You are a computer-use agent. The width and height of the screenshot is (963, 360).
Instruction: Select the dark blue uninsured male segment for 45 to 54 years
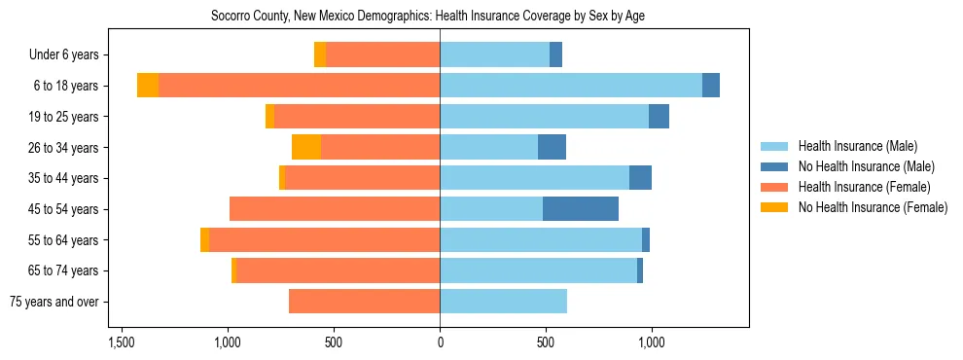tap(580, 209)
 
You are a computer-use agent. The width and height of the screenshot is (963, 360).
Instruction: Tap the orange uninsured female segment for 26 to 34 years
tap(306, 147)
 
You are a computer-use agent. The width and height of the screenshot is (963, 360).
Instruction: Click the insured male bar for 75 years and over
tap(503, 302)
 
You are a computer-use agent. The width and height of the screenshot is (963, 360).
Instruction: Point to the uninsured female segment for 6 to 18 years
tap(148, 86)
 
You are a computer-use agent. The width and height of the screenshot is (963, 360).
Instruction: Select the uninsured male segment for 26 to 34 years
tap(552, 147)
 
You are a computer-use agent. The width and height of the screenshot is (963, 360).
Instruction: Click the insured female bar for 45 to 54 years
tap(335, 209)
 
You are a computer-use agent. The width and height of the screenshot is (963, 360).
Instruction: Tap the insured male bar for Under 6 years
tap(494, 54)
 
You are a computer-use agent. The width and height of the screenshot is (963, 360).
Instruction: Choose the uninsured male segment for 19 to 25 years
tap(659, 117)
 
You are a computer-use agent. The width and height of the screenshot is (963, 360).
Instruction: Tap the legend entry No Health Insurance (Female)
tap(873, 207)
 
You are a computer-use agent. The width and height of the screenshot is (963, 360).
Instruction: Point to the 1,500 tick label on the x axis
tap(122, 342)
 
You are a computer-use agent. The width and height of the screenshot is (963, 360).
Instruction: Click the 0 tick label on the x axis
tap(440, 342)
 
